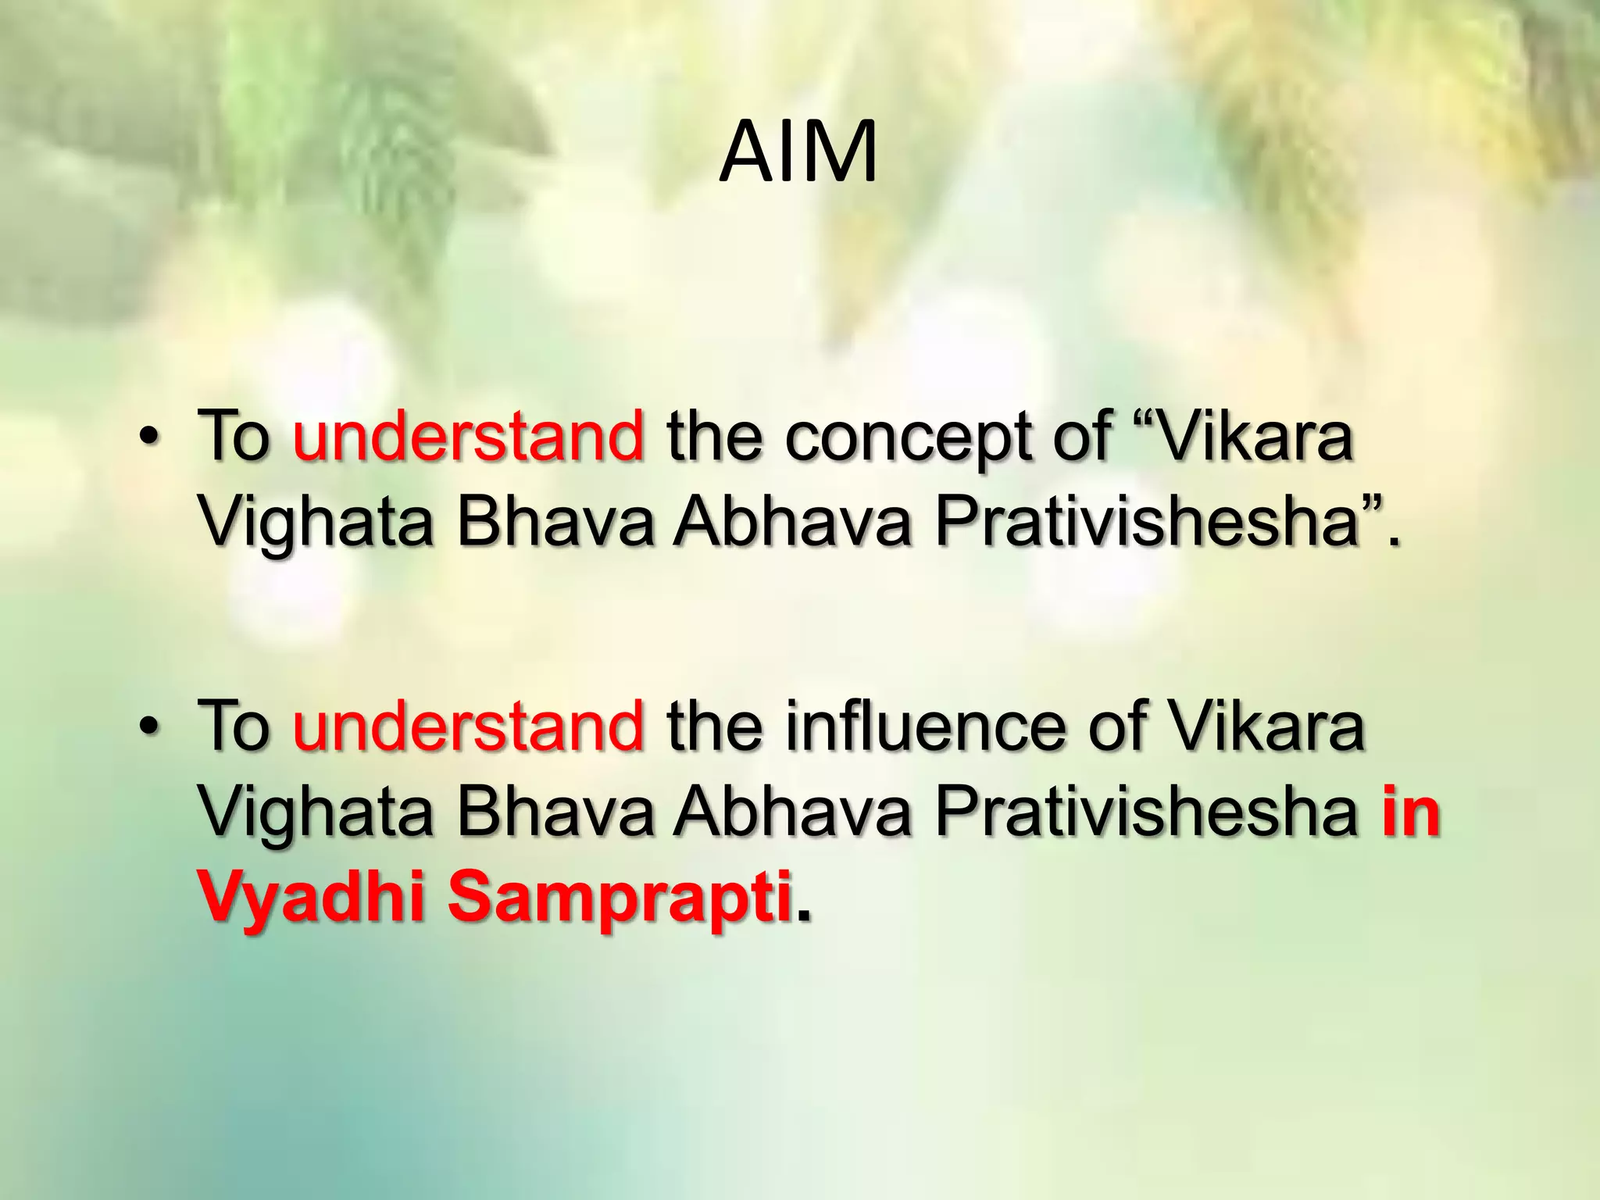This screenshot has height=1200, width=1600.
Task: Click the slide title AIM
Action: tap(798, 153)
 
